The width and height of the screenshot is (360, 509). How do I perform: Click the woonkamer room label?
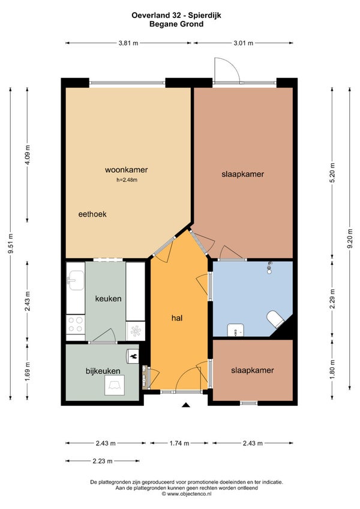click(126, 170)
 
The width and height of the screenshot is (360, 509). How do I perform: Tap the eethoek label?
click(92, 214)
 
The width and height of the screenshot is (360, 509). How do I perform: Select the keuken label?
click(109, 299)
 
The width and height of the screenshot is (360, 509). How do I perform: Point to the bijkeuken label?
click(103, 371)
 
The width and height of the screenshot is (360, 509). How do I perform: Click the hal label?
click(177, 318)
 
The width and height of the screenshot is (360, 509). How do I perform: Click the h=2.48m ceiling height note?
click(127, 180)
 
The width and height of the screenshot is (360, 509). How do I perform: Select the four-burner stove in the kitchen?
click(76, 325)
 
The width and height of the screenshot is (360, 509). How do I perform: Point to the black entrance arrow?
click(185, 405)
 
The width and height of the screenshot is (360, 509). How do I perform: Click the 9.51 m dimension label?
click(10, 244)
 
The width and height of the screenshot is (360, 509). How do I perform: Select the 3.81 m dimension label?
click(128, 43)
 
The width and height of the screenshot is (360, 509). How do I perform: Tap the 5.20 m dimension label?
click(332, 172)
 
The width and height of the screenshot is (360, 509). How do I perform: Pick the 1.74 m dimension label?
click(179, 443)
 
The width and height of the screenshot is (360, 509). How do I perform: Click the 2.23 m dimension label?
click(103, 461)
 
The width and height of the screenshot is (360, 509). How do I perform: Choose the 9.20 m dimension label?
click(350, 239)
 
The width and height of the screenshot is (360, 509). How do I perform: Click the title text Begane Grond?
click(176, 24)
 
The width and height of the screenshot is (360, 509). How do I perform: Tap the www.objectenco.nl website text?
click(187, 494)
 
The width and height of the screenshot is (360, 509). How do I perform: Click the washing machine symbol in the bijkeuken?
click(114, 385)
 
